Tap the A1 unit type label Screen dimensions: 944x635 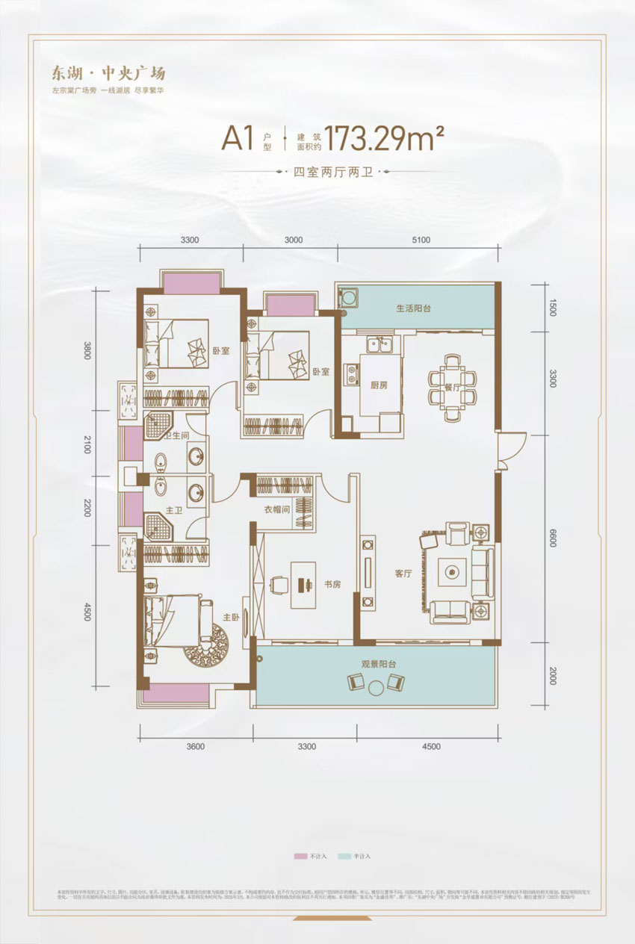(x=238, y=140)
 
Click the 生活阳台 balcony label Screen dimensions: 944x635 (x=413, y=308)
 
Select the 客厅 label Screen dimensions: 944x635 (x=403, y=574)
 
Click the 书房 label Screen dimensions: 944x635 (x=332, y=584)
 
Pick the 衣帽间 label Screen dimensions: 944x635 (x=277, y=510)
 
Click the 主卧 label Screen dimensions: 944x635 (x=231, y=617)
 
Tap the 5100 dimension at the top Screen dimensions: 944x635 (x=421, y=240)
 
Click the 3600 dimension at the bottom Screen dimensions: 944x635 (x=196, y=746)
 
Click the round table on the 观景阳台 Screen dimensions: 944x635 (x=377, y=683)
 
